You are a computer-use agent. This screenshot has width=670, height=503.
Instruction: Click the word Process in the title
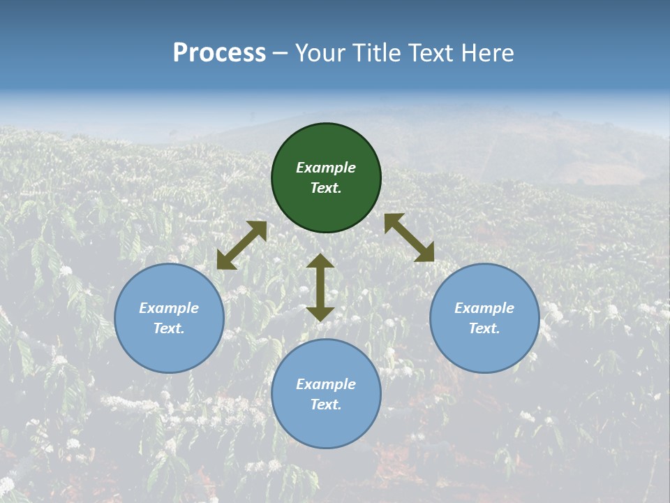click(x=219, y=53)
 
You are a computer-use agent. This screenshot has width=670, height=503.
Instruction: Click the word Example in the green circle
click(x=326, y=168)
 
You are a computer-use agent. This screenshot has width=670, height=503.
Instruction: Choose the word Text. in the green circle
click(x=326, y=188)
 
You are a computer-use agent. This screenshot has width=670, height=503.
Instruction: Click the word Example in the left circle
click(x=169, y=308)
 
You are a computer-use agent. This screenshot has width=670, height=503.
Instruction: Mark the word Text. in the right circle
click(x=484, y=328)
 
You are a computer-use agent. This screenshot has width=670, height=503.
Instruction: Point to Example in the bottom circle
click(x=326, y=384)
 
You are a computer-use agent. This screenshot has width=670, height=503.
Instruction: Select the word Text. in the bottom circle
click(x=326, y=404)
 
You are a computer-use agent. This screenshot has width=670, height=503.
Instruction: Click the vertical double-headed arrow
click(x=320, y=287)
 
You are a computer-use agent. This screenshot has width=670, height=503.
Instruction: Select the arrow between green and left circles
click(x=241, y=245)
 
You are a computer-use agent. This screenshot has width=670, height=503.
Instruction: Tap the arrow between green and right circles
click(x=409, y=238)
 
